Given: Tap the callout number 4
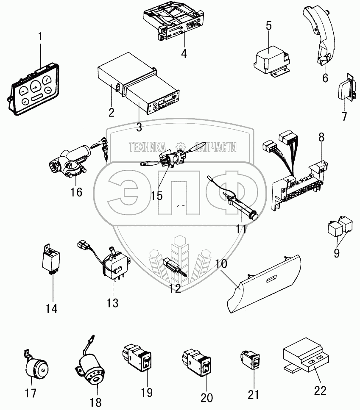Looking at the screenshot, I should point(184,54).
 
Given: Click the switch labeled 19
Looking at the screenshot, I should point(138,358).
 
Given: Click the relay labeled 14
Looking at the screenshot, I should point(51,260).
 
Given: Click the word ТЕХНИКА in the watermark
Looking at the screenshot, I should point(147,147).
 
